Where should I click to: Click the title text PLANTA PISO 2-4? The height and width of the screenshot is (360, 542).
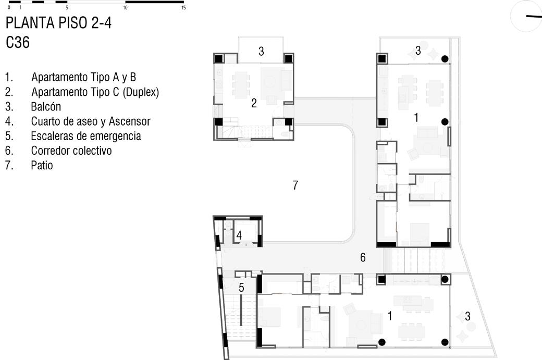point(58,23)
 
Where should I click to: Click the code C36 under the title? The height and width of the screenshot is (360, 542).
point(18,43)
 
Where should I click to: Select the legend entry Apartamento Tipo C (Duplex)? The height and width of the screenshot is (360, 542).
point(95,92)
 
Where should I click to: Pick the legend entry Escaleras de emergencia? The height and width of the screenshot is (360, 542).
point(86,136)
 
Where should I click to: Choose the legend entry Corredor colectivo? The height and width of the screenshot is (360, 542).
point(71,151)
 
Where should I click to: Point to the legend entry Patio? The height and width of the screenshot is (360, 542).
point(42,166)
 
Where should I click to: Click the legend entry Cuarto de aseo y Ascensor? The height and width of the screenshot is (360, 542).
point(91,121)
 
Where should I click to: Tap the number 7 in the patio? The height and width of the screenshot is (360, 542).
point(295,185)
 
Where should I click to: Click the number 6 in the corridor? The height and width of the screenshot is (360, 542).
point(363,257)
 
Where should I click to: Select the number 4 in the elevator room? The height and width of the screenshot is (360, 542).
point(239,235)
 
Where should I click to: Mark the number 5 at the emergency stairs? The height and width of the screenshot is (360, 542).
point(241,288)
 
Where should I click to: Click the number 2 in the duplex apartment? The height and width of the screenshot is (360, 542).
point(254,103)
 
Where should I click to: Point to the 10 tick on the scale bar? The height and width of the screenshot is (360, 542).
point(125,7)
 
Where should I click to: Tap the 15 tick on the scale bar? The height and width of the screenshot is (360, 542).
point(183,7)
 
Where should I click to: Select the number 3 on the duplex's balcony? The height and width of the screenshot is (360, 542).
point(261,51)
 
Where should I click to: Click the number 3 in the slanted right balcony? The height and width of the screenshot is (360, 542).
point(467,316)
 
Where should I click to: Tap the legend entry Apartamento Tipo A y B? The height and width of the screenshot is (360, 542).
point(83,78)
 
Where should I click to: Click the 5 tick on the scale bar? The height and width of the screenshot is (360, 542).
point(67,7)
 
